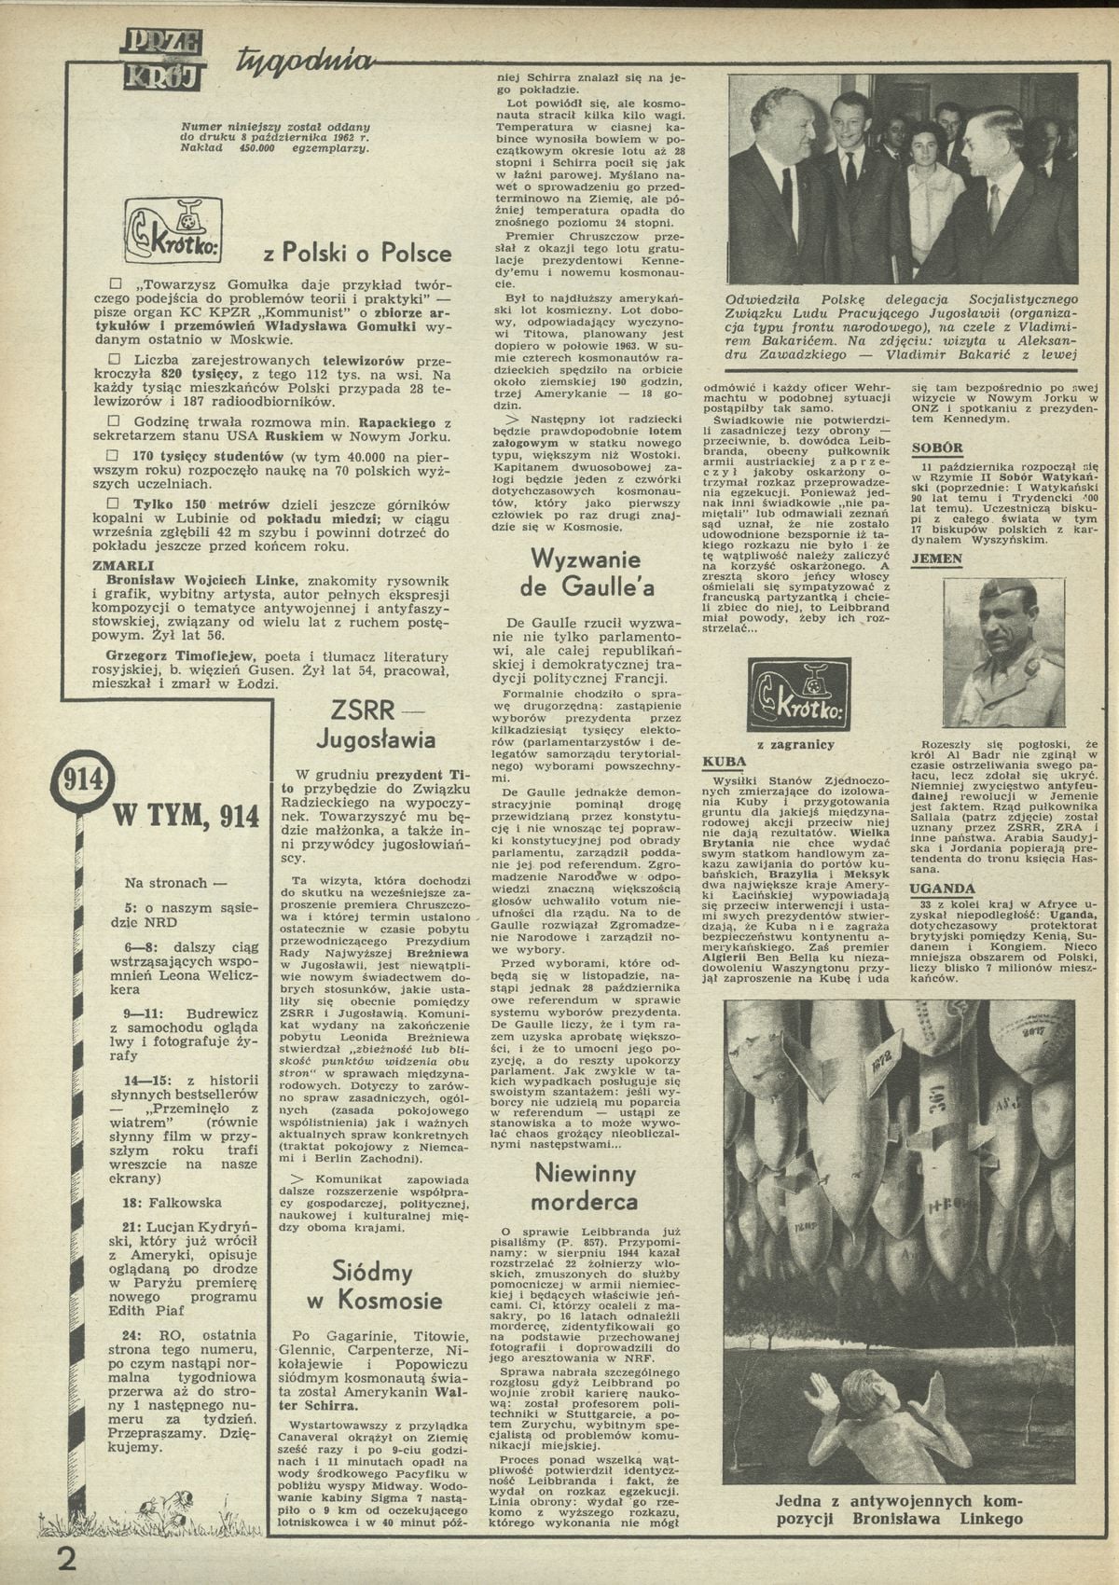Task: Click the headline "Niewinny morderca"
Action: click(x=587, y=1186)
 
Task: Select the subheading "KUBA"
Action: click(x=724, y=763)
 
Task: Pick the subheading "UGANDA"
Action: click(x=943, y=889)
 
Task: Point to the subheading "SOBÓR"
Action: click(x=936, y=448)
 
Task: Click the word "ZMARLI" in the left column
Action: click(x=119, y=564)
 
